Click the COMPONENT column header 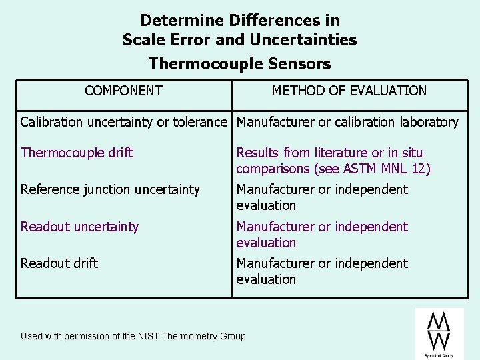point(123,91)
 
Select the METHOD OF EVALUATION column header point(349,91)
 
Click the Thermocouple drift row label point(77,153)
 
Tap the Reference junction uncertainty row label point(110,189)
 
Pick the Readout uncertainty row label point(79,227)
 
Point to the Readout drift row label point(59,263)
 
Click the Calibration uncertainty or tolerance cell point(124,122)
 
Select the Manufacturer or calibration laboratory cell point(347,122)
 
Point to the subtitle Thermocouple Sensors point(239,64)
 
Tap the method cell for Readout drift point(322,271)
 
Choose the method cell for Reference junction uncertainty point(322,197)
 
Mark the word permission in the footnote point(91,336)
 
